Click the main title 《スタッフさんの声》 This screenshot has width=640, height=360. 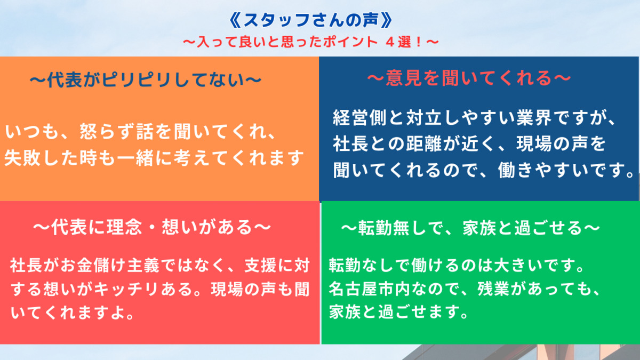coord(311,21)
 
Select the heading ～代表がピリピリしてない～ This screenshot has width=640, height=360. coord(146,79)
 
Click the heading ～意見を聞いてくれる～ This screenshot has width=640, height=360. coord(469,78)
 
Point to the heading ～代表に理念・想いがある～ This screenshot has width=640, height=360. coord(152,227)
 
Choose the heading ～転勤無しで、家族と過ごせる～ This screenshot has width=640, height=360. coord(470,228)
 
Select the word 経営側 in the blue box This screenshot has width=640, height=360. coord(360,117)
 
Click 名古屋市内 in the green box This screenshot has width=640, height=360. coord(370,289)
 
